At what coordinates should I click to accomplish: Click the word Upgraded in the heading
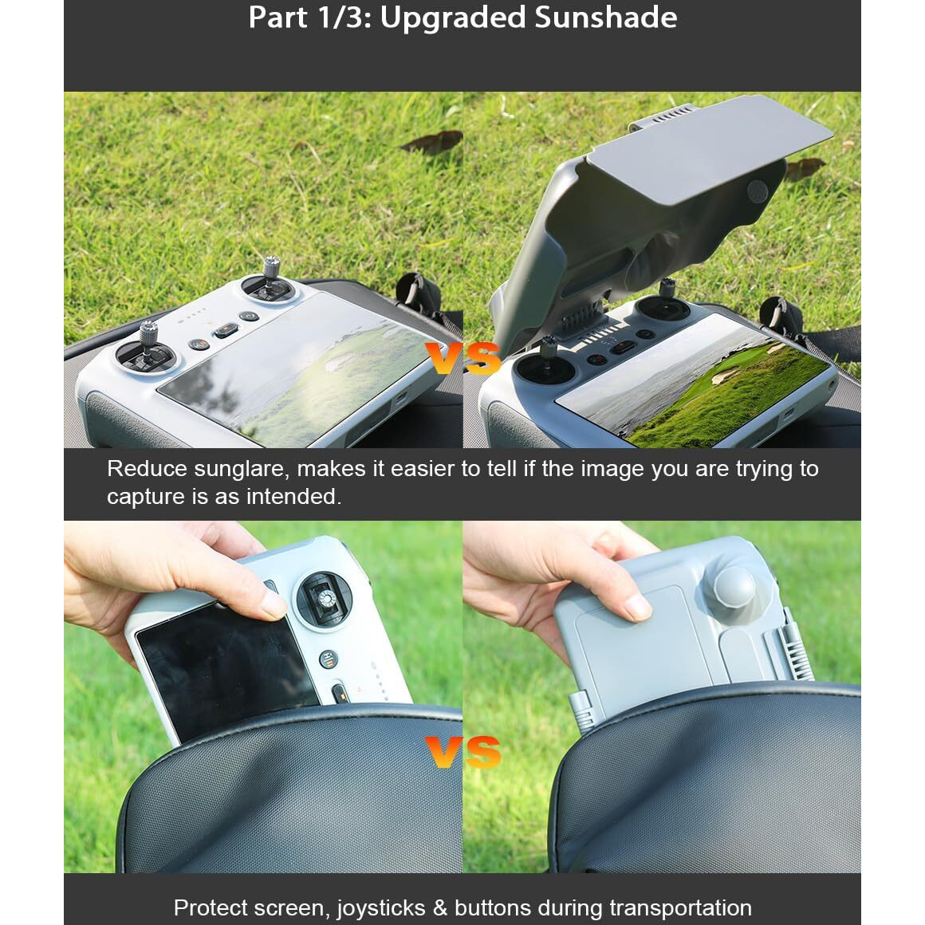coord(452,18)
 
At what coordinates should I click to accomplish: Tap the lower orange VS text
coord(463,751)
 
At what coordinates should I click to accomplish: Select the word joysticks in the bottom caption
coord(380,908)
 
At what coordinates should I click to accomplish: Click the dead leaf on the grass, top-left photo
coord(432,142)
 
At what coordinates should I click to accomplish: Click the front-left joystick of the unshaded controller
coord(147,348)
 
